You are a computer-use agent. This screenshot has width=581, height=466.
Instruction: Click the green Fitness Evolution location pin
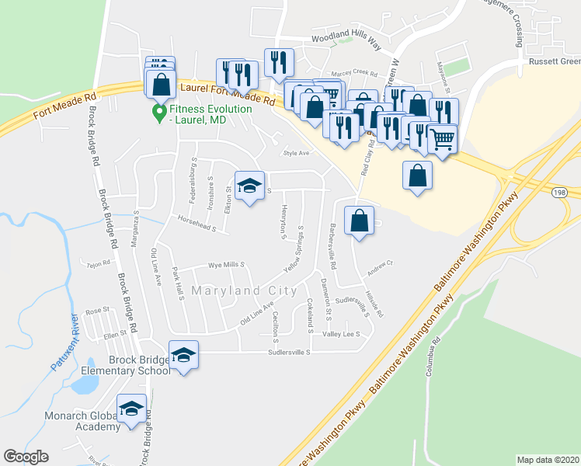(x=159, y=113)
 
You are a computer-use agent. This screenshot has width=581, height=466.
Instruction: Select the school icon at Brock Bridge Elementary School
(x=183, y=355)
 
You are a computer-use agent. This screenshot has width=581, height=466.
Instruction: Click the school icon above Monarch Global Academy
(x=131, y=409)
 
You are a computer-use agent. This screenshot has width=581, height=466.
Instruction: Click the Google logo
(x=26, y=457)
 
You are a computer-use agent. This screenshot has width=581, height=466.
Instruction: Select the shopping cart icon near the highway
(x=442, y=139)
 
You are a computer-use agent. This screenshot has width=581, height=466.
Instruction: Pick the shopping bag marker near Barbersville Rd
(x=359, y=220)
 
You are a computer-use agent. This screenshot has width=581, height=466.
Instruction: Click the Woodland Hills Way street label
(x=346, y=39)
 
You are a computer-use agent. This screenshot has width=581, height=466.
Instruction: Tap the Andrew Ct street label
(x=381, y=264)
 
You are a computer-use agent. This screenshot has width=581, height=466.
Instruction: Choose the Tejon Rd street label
(x=100, y=264)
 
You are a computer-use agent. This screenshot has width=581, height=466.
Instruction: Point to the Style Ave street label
(x=296, y=153)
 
